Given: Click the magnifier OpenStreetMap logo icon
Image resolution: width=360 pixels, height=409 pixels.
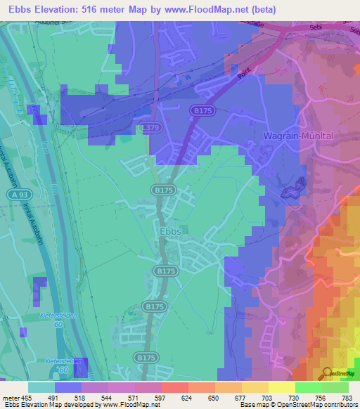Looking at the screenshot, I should [328, 372].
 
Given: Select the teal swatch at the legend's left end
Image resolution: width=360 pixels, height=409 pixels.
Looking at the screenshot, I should [41, 387].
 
